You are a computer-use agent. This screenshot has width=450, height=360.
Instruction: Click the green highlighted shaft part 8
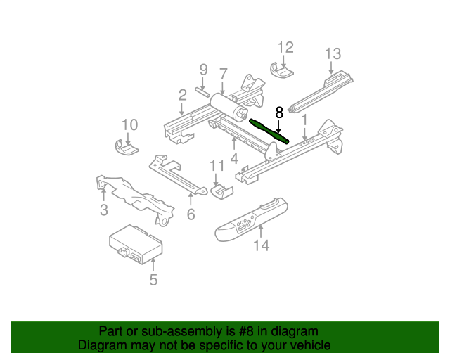tap(269, 131)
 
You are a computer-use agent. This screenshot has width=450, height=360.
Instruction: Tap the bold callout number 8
tap(279, 112)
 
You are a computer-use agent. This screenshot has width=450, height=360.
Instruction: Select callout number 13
tap(333, 54)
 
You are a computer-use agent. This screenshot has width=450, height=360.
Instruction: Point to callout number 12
tap(285, 48)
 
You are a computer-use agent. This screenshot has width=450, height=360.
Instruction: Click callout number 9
tap(203, 70)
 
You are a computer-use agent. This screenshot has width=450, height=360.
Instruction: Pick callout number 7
tap(223, 73)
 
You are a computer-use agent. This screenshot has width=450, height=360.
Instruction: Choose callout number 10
tap(129, 125)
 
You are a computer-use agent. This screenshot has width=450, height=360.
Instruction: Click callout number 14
tap(262, 245)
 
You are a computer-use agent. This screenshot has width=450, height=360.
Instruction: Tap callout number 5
tap(153, 281)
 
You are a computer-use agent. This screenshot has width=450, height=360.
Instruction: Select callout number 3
tap(103, 210)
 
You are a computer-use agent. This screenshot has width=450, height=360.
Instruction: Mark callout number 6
tap(191, 215)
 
